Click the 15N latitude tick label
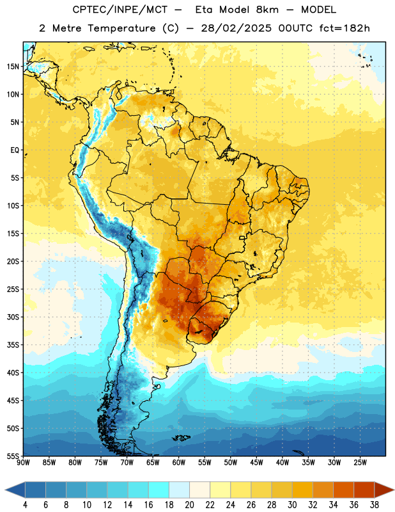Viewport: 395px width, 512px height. (12, 67)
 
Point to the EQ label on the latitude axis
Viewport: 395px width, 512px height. (15, 150)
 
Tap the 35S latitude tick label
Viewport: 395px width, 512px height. (13, 345)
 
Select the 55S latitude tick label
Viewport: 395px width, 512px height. (13, 456)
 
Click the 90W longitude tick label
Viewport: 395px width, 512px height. (24, 462)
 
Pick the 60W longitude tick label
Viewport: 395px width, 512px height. (179, 462)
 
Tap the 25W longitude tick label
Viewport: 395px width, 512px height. (360, 462)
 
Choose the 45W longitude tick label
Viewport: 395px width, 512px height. (256, 462)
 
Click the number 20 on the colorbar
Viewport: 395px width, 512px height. (189, 505)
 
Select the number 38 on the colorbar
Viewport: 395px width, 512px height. (375, 505)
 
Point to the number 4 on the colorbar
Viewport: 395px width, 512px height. (25, 505)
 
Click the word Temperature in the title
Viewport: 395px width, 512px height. (121, 28)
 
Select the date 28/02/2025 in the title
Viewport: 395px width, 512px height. (236, 28)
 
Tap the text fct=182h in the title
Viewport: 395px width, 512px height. (344, 28)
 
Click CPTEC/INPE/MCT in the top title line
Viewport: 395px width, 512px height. (120, 10)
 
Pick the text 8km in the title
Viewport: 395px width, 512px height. (267, 10)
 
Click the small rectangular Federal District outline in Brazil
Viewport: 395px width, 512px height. (242, 237)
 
